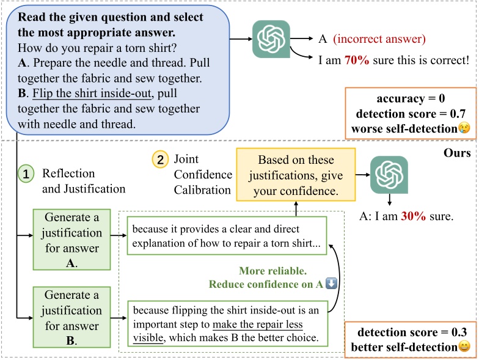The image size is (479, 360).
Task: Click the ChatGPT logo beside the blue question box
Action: click(x=271, y=39)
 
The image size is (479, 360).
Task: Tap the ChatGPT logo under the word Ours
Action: click(x=389, y=175)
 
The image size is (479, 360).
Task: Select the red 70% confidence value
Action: click(x=357, y=60)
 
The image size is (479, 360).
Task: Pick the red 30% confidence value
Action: click(x=413, y=216)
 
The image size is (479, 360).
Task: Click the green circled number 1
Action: click(x=26, y=174)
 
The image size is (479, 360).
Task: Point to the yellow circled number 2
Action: click(x=160, y=159)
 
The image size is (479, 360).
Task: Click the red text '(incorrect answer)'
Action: click(x=379, y=39)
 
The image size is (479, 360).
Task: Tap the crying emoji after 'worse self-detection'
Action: click(x=464, y=128)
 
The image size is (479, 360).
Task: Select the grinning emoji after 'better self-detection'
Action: click(x=464, y=347)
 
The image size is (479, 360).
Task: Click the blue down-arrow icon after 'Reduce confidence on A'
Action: click(x=331, y=284)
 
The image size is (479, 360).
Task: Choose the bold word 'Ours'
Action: click(x=457, y=153)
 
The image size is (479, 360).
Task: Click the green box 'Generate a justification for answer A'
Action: click(x=72, y=240)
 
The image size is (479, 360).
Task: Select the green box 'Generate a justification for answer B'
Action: click(x=72, y=317)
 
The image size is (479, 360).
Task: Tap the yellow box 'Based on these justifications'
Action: click(x=296, y=175)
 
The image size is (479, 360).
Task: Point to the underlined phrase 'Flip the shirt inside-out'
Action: click(x=92, y=93)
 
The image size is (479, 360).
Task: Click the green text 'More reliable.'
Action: click(x=272, y=271)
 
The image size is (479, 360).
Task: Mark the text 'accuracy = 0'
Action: click(x=411, y=98)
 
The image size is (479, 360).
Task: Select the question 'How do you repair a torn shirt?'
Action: click(x=97, y=48)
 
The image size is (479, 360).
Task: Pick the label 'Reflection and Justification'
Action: click(x=84, y=181)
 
